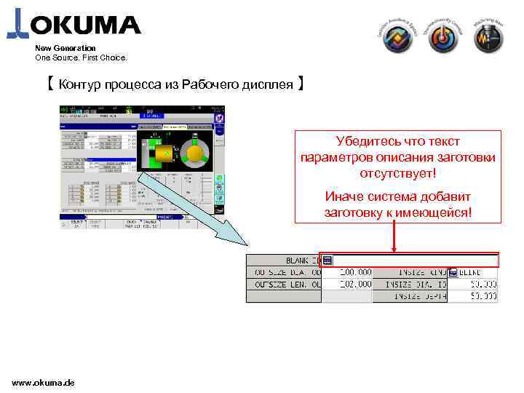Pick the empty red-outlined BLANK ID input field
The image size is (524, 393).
pos(415,261)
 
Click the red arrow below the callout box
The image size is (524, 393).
pos(394,237)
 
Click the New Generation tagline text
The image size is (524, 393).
pos(65,48)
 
